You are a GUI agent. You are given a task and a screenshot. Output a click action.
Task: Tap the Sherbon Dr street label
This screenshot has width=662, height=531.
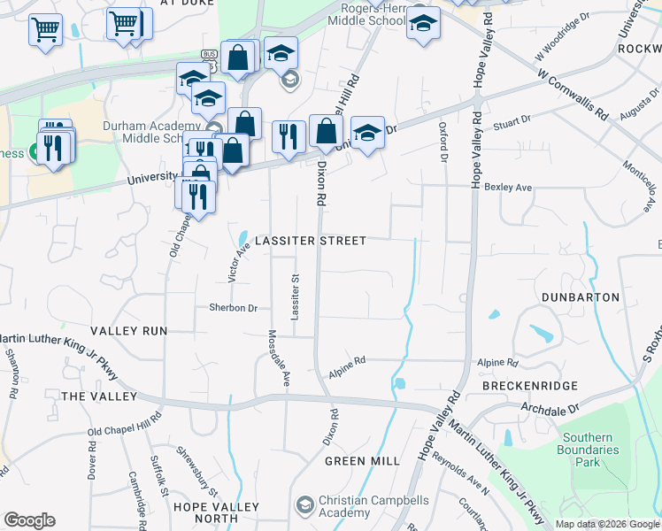click(233, 308)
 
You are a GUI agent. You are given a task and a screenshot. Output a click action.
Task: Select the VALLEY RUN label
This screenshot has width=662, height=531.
click(128, 330)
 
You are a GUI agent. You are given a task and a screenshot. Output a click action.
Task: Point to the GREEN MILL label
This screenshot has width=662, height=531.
click(362, 461)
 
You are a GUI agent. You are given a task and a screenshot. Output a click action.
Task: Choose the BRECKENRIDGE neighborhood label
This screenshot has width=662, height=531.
click(530, 386)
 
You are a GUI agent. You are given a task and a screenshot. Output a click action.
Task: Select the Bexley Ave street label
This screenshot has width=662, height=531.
click(509, 187)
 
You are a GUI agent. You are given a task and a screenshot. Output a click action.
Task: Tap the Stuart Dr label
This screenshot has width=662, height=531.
click(512, 119)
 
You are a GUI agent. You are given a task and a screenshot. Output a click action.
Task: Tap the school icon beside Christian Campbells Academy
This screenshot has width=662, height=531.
click(304, 505)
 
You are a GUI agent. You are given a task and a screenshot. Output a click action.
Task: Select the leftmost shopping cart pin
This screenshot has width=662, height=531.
click(45, 28)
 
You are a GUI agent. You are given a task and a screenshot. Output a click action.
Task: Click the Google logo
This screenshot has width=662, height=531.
click(29, 520)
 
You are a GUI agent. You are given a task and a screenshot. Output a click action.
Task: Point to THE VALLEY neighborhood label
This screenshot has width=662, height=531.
click(99, 396)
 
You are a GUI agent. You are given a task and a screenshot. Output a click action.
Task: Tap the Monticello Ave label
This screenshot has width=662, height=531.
click(638, 178)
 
